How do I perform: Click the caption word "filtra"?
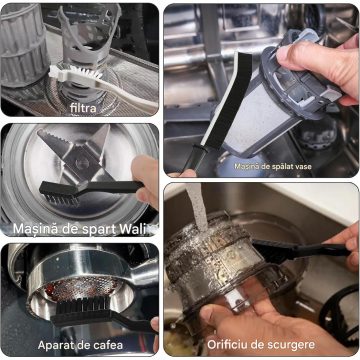coord(83,108)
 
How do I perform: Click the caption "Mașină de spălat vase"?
coord(273,166)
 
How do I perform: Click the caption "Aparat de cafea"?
coord(80,345)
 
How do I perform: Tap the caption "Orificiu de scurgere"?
coord(261,344)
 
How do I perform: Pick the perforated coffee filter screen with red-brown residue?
coord(80,287)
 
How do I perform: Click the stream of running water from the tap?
coord(198,207)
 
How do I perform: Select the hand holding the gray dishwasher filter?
coord(319,67)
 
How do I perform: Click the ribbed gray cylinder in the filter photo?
coord(23,49)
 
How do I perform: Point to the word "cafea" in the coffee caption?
coord(108,345)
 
